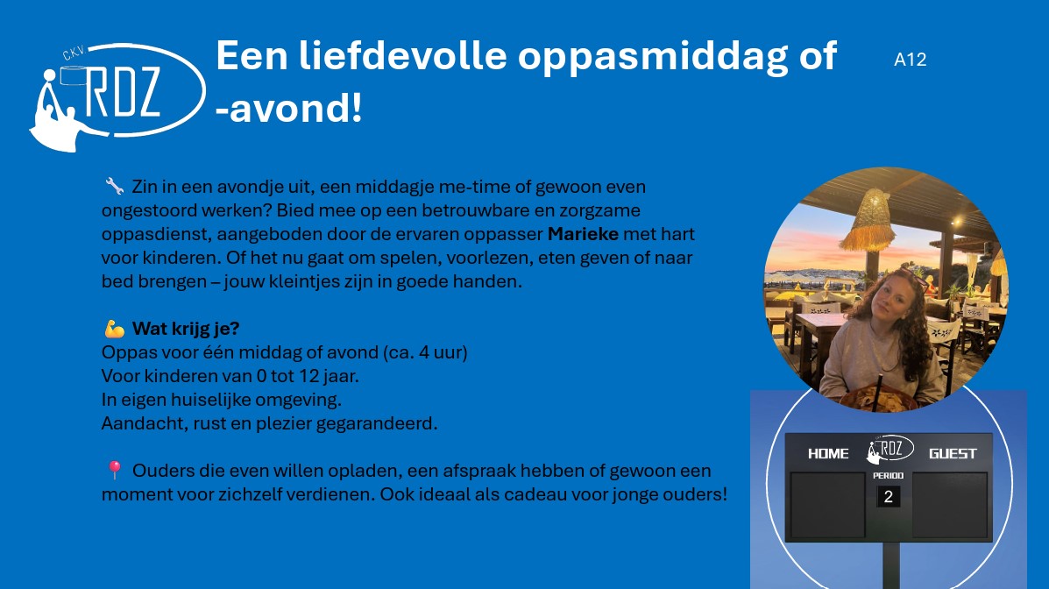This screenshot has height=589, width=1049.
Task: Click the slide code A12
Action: pos(910,60)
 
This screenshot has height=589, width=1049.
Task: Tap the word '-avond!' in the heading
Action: pos(289,109)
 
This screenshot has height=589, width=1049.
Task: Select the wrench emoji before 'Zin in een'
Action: pos(115,186)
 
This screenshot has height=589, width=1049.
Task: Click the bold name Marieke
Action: pos(583,234)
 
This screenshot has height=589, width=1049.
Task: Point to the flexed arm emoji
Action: pos(115,329)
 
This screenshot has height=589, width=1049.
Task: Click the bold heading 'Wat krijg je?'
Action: pos(185,329)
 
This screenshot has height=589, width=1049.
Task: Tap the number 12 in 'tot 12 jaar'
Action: pos(308,376)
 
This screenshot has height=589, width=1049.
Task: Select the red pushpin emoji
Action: pos(115,471)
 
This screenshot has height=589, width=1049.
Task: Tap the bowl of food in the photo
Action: pos(878,401)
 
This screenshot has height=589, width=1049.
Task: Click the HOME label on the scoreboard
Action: pos(828,454)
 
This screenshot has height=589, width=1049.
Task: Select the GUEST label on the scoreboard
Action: pos(953,454)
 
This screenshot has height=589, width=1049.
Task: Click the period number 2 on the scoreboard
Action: pos(889,497)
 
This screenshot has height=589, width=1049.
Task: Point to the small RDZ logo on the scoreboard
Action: pos(890,449)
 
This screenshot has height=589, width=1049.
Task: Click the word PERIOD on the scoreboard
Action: pos(889,475)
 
